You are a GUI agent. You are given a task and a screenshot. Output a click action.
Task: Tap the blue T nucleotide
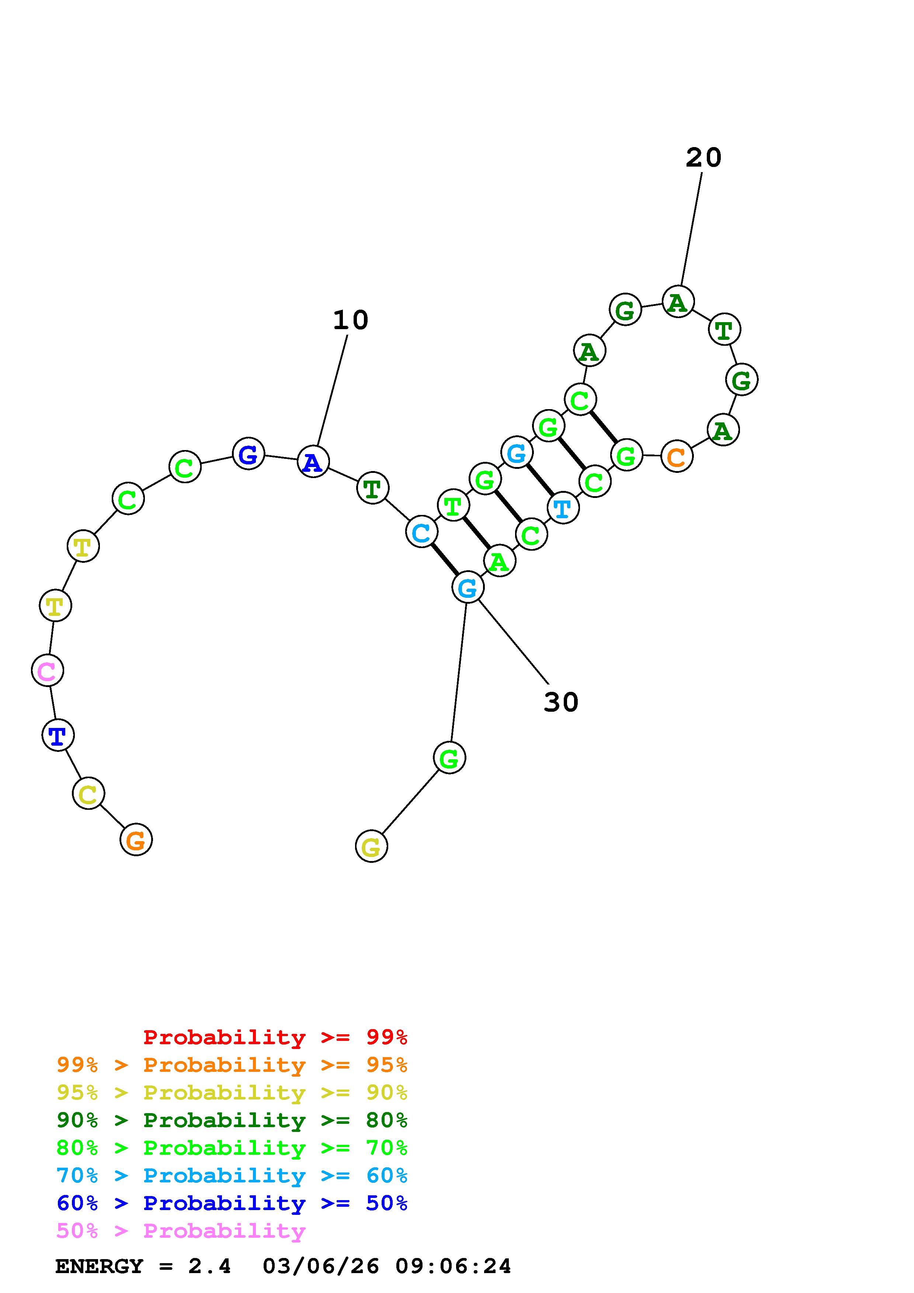58,735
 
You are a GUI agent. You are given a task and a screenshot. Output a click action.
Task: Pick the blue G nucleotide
249,453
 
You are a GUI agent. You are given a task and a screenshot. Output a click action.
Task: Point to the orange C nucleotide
676,456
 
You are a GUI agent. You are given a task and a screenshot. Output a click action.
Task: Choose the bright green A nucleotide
499,561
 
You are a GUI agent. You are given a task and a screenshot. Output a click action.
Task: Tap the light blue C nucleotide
421,532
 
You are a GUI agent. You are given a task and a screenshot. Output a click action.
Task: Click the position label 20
703,158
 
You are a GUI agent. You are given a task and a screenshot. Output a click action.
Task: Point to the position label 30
561,702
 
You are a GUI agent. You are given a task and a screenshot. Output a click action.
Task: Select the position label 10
350,320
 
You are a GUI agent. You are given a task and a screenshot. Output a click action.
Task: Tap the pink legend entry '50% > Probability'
180,1231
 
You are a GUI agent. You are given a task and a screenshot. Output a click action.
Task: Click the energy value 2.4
209,1266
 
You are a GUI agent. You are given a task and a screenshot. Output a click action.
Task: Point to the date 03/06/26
320,1266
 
